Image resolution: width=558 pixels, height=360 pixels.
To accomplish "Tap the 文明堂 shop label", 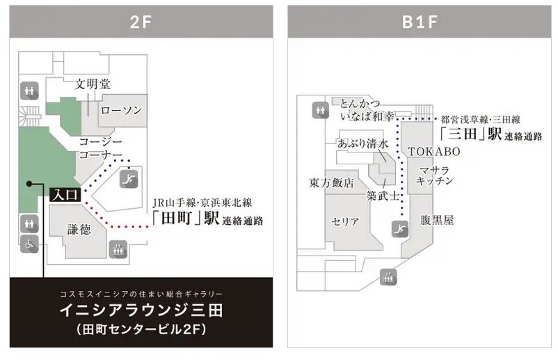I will (x=93, y=85).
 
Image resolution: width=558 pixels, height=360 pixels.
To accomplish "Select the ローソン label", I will (x=121, y=110).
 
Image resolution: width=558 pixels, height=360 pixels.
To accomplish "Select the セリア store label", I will (x=346, y=222).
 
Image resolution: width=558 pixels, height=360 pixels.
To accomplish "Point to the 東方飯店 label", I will (x=332, y=183).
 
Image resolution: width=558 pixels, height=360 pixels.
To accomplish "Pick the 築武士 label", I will (x=382, y=197).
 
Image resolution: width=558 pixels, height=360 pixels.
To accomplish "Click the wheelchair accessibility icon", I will (x=29, y=245).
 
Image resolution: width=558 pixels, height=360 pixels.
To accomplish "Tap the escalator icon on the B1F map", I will (x=399, y=228).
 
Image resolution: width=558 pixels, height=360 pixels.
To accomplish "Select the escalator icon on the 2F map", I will (x=128, y=180).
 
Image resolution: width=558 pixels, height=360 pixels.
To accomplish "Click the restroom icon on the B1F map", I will (x=320, y=109).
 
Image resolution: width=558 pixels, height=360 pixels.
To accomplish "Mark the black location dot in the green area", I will (x=29, y=184).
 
